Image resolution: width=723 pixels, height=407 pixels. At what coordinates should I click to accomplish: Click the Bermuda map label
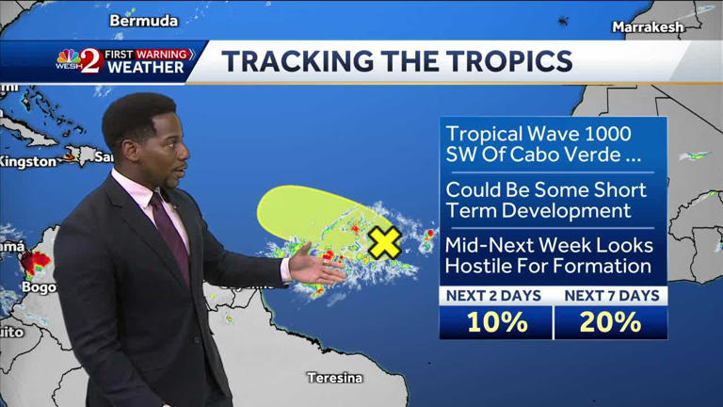(x=144, y=20)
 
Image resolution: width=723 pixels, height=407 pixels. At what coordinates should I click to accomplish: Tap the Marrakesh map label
(x=648, y=26)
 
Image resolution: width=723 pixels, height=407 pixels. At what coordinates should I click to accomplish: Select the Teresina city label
(x=334, y=378)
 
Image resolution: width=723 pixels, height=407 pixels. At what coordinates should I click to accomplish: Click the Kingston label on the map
(x=28, y=161)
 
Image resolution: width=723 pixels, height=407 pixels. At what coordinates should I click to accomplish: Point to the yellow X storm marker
(x=384, y=242)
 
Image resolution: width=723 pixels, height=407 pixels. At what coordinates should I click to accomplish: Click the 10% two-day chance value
(x=496, y=322)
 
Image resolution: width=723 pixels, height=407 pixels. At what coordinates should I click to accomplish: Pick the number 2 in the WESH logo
(x=89, y=61)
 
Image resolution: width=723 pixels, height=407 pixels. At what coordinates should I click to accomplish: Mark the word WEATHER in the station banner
(x=146, y=68)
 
